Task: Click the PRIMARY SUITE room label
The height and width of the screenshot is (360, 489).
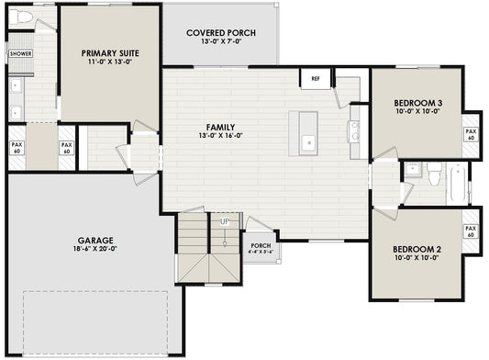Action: [109, 53]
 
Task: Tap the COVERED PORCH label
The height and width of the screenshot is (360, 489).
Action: [220, 33]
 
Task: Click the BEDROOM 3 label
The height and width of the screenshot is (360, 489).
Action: [417, 102]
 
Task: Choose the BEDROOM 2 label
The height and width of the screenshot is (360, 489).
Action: [417, 249]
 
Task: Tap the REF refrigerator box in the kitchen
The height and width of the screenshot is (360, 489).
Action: [315, 80]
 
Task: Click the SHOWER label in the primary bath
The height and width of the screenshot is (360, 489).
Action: [19, 54]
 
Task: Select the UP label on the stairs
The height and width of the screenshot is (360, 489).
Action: [224, 221]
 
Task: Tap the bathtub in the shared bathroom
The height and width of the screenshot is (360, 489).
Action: [456, 182]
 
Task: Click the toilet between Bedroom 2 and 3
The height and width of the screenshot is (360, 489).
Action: [434, 172]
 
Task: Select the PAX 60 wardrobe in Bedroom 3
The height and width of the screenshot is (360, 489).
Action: [471, 135]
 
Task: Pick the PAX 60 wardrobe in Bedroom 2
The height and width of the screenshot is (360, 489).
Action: [471, 231]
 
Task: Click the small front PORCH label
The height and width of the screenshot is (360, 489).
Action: [259, 245]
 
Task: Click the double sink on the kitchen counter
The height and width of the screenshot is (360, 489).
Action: [353, 130]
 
